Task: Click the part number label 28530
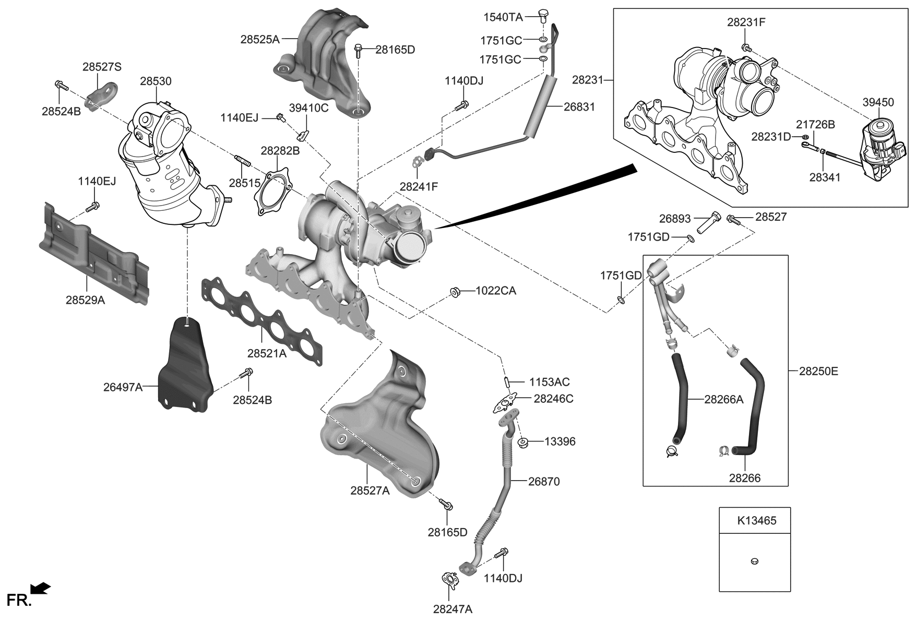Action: (156, 81)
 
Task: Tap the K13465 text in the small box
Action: (756, 520)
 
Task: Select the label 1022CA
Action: (495, 291)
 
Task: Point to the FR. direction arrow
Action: (41, 589)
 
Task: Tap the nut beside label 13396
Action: (522, 443)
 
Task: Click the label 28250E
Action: (818, 372)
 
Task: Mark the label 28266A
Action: (723, 400)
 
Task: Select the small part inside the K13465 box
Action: (754, 561)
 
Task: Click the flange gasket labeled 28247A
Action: (449, 580)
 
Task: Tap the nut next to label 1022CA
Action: (455, 292)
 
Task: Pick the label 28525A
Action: (260, 39)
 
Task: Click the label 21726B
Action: (815, 125)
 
